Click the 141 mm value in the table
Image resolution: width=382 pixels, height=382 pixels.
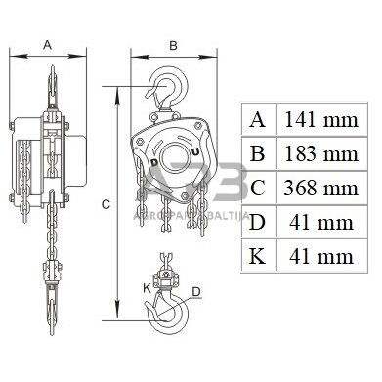(x=321, y=120)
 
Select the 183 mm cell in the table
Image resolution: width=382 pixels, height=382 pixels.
(x=321, y=153)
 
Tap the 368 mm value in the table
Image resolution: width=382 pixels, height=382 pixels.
(x=321, y=188)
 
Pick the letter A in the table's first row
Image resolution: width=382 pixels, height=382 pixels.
(x=258, y=120)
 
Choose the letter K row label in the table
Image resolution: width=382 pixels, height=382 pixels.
(x=257, y=256)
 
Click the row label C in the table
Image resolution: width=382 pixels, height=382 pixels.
(x=258, y=188)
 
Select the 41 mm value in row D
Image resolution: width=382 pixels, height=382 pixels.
(x=321, y=223)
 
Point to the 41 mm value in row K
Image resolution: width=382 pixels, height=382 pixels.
(x=321, y=256)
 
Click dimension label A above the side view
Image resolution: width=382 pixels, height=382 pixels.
(x=48, y=45)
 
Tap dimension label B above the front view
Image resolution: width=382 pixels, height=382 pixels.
(x=173, y=46)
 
